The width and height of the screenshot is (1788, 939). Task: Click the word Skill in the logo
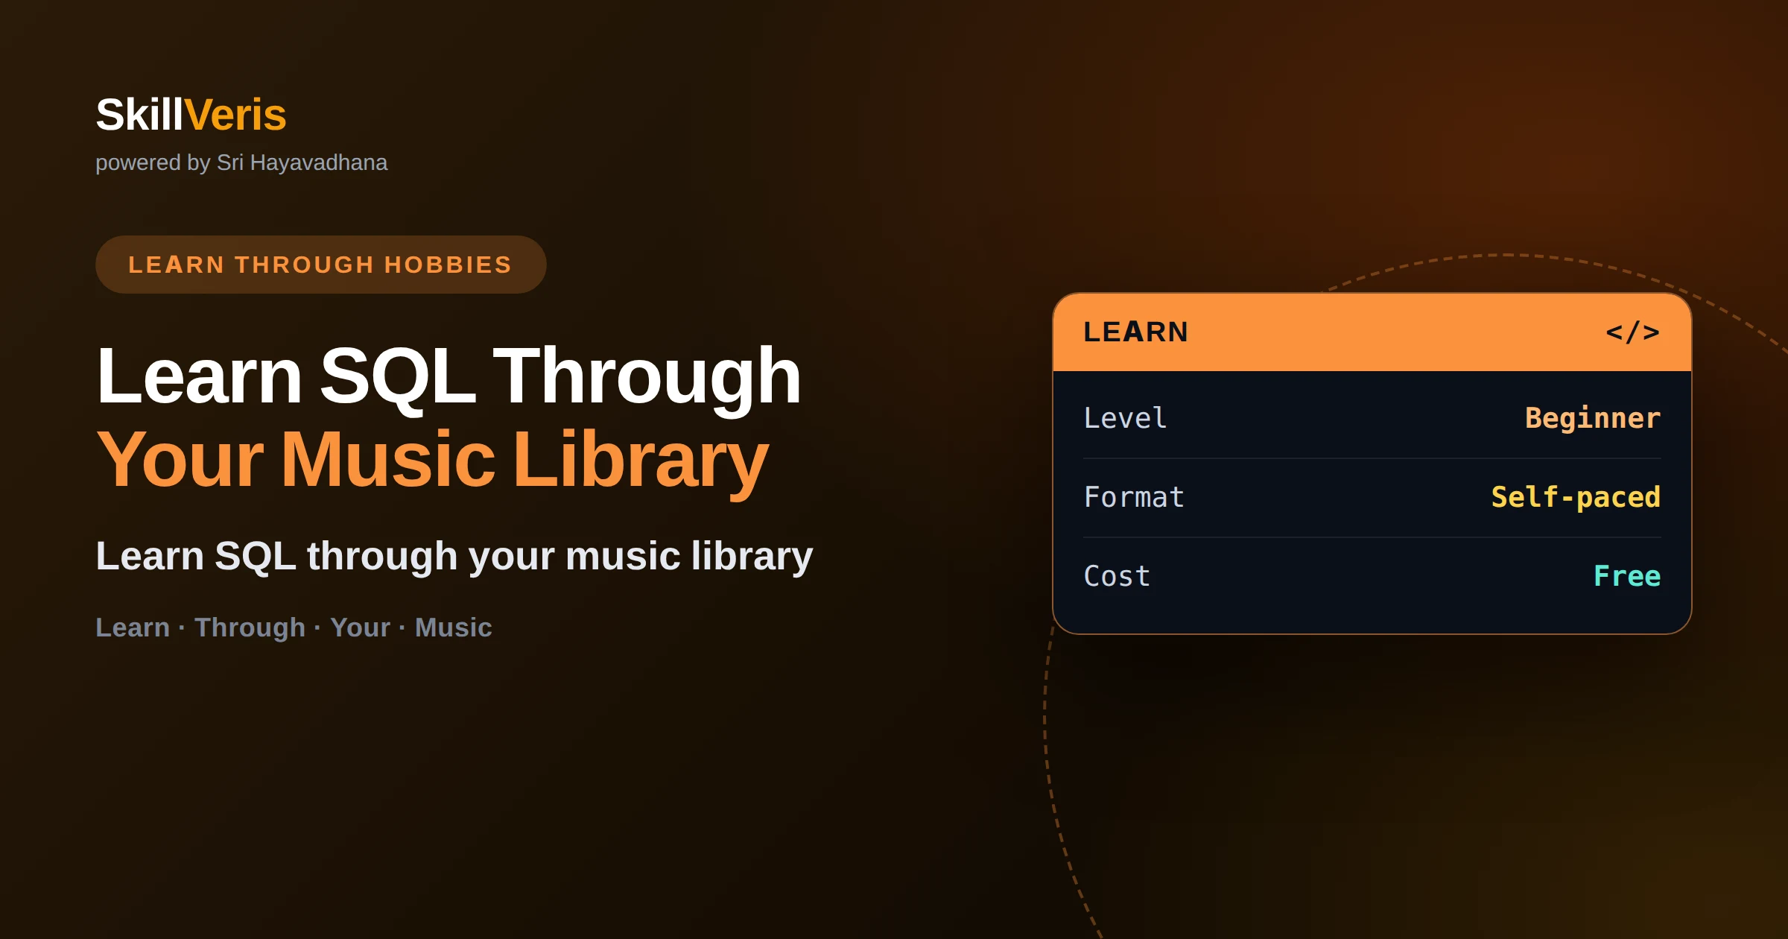(x=139, y=115)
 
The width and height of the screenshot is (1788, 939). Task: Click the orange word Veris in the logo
(x=235, y=115)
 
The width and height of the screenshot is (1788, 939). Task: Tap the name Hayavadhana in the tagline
(x=319, y=162)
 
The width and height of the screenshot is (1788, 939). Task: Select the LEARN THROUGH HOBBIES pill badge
(x=320, y=265)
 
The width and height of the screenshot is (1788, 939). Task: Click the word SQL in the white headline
(x=397, y=376)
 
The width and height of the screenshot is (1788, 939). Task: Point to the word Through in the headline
(x=647, y=376)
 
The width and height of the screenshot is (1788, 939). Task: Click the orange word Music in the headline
(x=388, y=460)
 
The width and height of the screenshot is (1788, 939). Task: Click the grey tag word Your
(x=360, y=627)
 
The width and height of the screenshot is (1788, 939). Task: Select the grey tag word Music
(x=453, y=627)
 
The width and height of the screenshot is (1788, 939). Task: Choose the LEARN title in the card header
(x=1135, y=332)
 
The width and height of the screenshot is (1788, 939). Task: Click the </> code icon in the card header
(x=1632, y=332)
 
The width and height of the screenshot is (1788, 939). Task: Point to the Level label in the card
(x=1125, y=418)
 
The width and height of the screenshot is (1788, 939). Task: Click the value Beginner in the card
(x=1593, y=419)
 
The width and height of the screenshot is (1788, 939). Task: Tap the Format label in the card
(x=1134, y=497)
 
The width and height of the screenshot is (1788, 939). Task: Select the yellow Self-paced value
(x=1576, y=497)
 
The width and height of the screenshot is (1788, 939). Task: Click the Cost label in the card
(x=1117, y=576)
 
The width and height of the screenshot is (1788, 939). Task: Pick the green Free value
(x=1627, y=576)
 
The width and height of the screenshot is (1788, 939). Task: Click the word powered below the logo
(x=139, y=163)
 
